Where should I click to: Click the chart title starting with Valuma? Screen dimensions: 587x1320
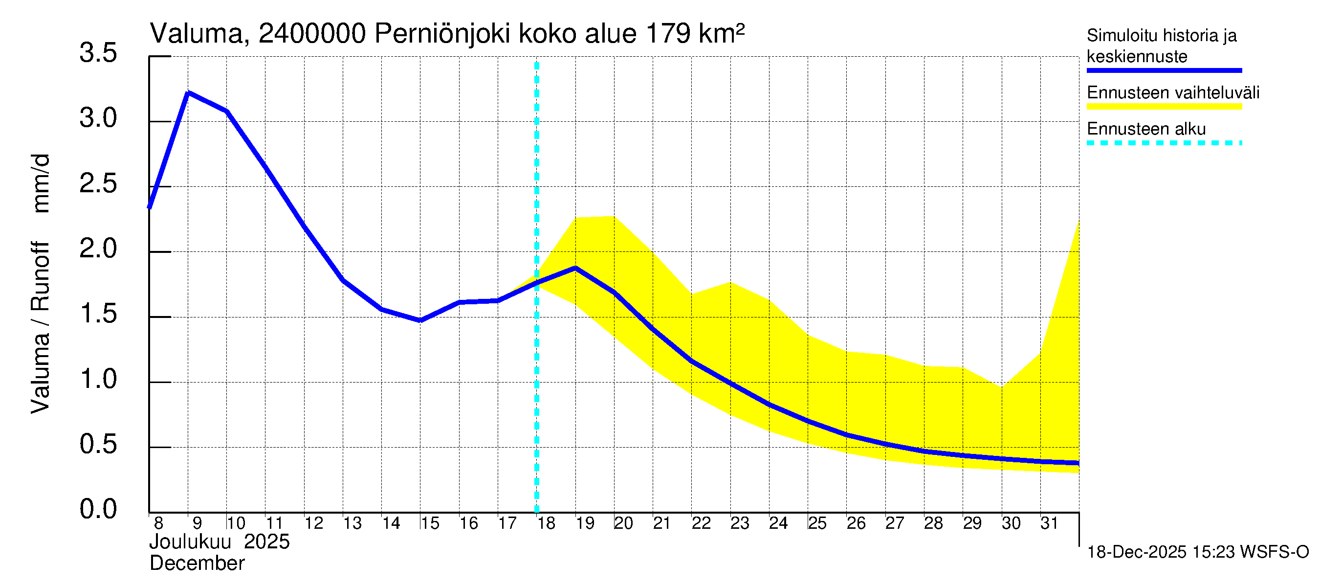(x=447, y=34)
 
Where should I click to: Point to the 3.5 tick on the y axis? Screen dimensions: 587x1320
(x=98, y=54)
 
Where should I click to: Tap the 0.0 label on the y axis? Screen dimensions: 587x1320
(x=98, y=510)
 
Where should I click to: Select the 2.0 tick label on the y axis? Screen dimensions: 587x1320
(x=98, y=249)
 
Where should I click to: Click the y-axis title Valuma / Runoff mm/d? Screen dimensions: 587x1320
(x=40, y=284)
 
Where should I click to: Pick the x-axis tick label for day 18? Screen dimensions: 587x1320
(x=546, y=523)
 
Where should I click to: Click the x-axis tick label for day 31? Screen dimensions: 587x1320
(x=1050, y=523)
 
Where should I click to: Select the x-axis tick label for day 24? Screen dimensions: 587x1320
(x=778, y=523)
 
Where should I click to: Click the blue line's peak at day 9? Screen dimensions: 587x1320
(x=188, y=93)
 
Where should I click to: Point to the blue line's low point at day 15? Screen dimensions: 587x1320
(x=420, y=320)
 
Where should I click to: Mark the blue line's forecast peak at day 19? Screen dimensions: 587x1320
(x=575, y=268)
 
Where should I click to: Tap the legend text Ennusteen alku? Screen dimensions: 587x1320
(x=1146, y=129)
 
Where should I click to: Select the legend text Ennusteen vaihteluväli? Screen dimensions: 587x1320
(x=1173, y=93)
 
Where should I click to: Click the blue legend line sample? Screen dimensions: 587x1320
(x=1164, y=71)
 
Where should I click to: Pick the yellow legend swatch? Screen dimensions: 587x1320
(x=1164, y=107)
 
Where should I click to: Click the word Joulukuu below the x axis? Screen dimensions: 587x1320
(x=190, y=542)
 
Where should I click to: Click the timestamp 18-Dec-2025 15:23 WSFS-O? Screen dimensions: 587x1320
(x=1197, y=552)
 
